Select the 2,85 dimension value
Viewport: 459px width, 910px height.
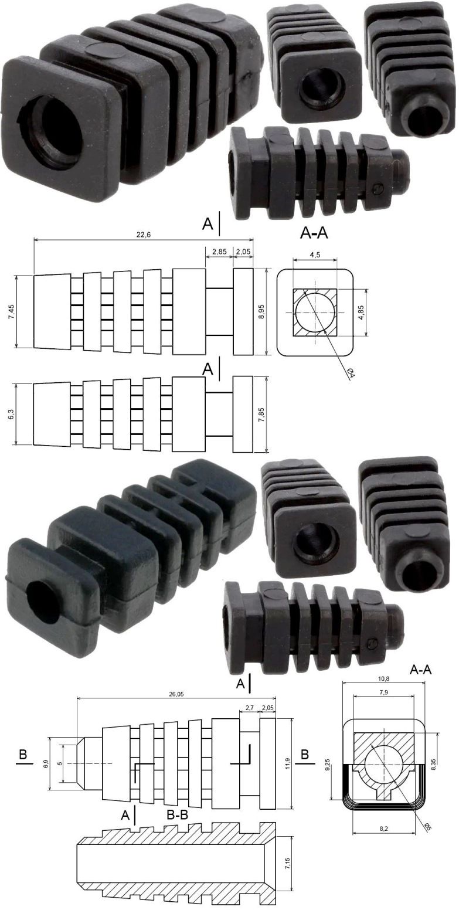219,252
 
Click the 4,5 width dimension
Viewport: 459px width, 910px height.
315,255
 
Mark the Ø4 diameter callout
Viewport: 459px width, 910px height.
352,373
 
